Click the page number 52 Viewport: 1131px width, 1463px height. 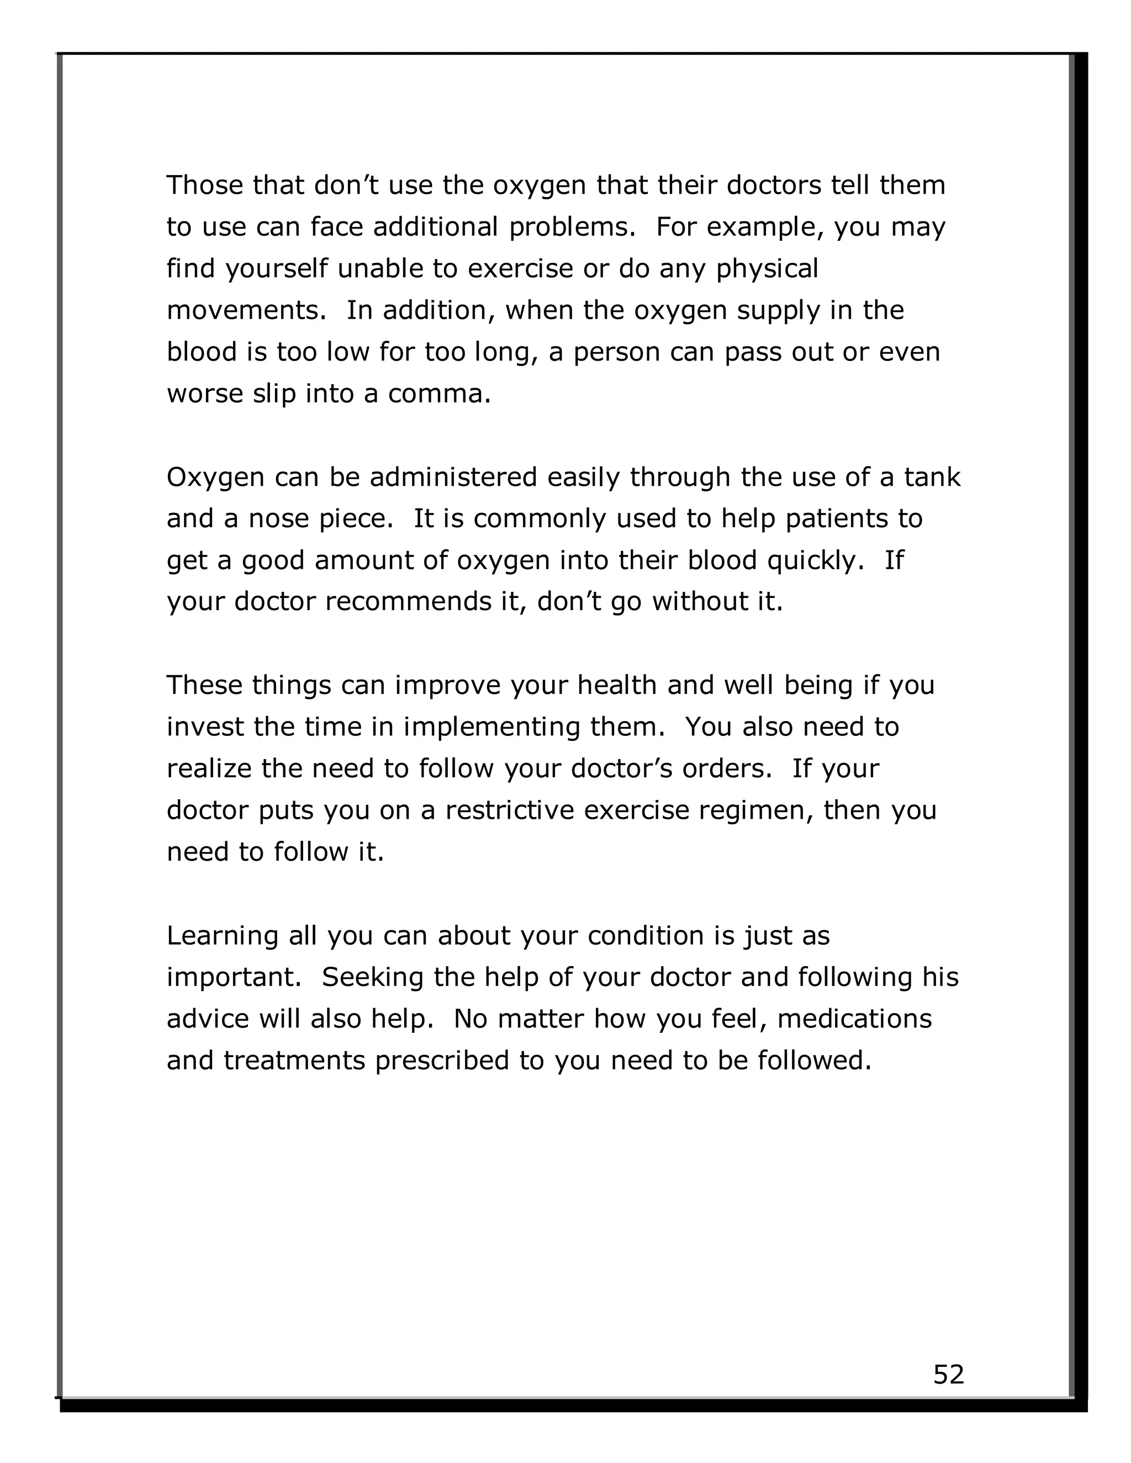pyautogui.click(x=948, y=1374)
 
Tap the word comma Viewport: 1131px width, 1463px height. pyautogui.click(x=439, y=394)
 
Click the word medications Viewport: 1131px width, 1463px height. pyautogui.click(x=854, y=1019)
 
